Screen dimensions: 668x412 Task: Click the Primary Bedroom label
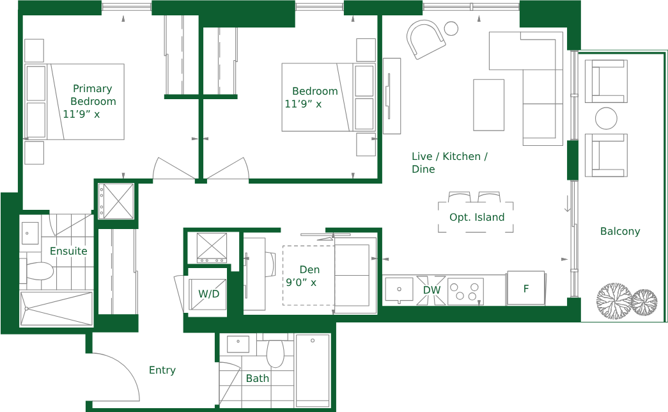[93, 95]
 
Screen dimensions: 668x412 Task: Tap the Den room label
[309, 269]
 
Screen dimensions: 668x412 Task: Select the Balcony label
[620, 231]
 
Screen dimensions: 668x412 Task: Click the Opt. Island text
[477, 217]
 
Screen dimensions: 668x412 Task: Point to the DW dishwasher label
[431, 290]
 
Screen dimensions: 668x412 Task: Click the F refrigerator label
[526, 289]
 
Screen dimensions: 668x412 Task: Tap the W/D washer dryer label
[209, 294]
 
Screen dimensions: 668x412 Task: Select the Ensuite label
[68, 251]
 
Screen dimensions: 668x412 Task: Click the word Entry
[162, 370]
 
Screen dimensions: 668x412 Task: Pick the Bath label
[258, 378]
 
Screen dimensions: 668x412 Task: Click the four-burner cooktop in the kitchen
[465, 292]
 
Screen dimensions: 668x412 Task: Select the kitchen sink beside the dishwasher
[399, 290]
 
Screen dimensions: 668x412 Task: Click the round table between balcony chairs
[606, 118]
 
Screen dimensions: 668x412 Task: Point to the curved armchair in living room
[426, 39]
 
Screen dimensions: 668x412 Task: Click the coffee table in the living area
[488, 105]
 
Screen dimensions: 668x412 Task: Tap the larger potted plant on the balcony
[614, 301]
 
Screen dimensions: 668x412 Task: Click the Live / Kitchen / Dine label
[449, 162]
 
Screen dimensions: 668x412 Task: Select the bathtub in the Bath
[313, 370]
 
